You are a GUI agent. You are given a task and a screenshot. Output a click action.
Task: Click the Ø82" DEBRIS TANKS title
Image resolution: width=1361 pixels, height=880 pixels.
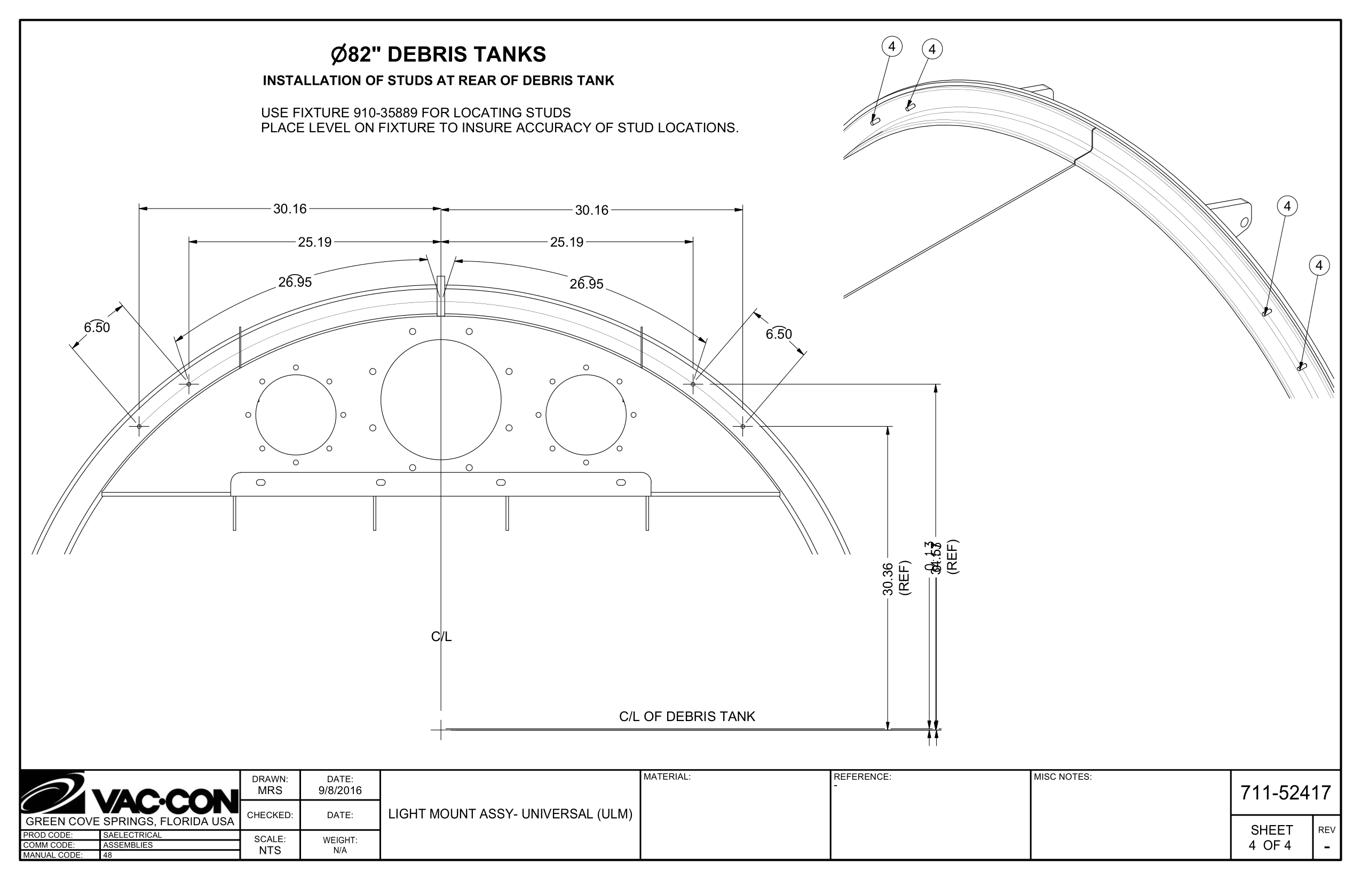[438, 55]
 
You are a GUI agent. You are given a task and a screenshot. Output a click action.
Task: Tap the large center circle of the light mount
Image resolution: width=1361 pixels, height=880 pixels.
[440, 399]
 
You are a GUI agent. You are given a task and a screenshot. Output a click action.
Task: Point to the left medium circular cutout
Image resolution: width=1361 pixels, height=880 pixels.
[296, 415]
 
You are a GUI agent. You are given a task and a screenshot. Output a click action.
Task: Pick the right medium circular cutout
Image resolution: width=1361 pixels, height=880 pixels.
[586, 415]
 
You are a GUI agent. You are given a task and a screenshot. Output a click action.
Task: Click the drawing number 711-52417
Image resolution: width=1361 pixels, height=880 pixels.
[1286, 793]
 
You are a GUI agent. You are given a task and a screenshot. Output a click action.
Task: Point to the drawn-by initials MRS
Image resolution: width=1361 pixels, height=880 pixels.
[270, 791]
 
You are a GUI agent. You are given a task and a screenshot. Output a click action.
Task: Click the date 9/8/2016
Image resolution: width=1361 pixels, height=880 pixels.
[341, 791]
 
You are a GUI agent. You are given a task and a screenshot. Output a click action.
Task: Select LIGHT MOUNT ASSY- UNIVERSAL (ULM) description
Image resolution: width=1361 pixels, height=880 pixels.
[510, 814]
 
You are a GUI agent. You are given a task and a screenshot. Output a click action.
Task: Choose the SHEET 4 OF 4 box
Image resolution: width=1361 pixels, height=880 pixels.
[1271, 838]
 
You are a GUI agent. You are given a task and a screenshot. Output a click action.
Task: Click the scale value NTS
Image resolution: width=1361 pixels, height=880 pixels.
[270, 850]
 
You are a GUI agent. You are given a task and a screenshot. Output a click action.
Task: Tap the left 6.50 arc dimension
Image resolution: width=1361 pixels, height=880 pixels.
[97, 327]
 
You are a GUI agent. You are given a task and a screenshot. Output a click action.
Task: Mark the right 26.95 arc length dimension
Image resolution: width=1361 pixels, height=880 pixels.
[586, 284]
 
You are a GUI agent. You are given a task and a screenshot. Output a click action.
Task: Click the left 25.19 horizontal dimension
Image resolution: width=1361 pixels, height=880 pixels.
[314, 242]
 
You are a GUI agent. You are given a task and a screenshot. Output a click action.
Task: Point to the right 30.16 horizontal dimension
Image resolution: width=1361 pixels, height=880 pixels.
[591, 210]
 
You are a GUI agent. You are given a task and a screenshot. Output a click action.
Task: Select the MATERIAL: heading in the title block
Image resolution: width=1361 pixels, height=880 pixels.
[667, 777]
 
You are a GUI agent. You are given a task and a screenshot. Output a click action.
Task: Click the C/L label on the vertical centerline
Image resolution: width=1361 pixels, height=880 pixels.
[441, 637]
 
